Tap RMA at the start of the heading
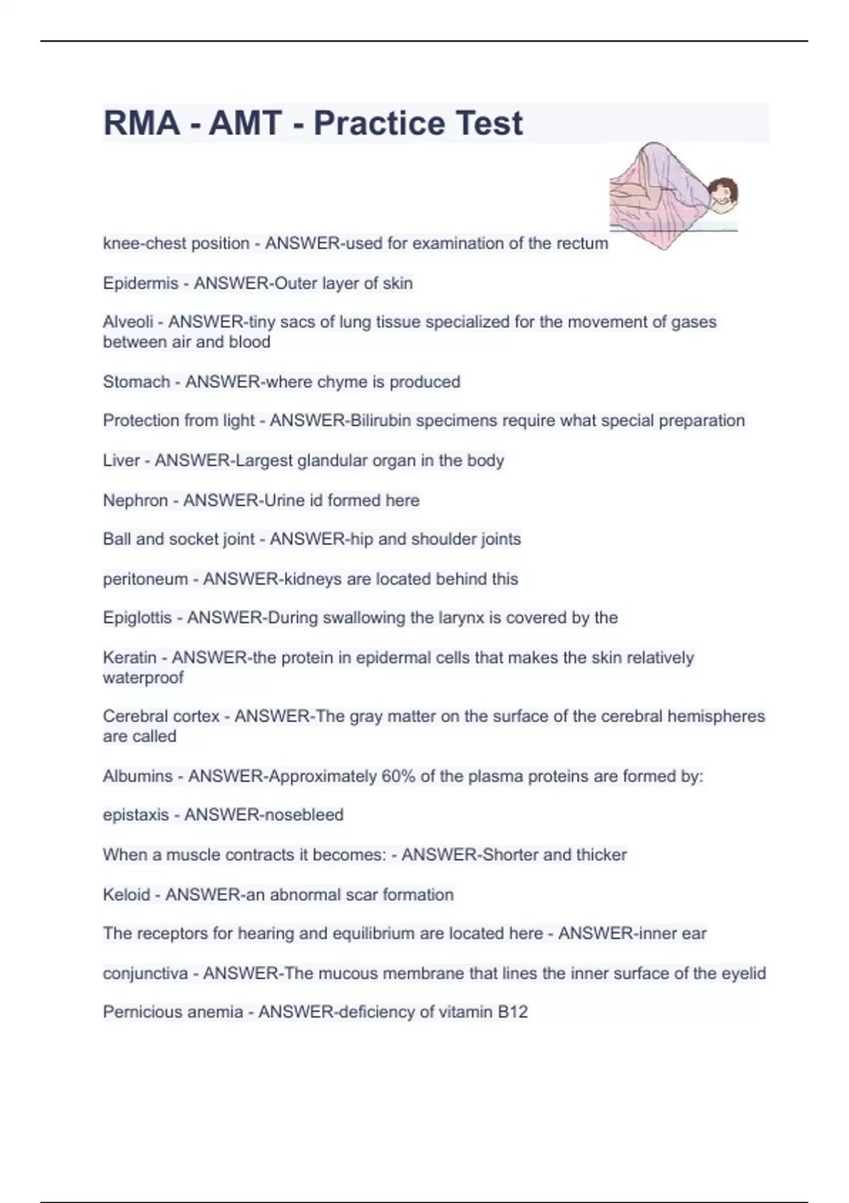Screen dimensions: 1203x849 [141, 123]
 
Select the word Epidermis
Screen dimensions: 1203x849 [140, 283]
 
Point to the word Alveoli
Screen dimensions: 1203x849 [127, 322]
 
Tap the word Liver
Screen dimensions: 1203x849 [121, 461]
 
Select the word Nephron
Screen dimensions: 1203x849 [136, 500]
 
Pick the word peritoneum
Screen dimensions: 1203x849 [145, 579]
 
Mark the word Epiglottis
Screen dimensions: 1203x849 [137, 618]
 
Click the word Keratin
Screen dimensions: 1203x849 [129, 657]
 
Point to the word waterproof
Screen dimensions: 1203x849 [143, 678]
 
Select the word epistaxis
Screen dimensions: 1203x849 [136, 815]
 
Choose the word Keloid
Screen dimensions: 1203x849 [126, 894]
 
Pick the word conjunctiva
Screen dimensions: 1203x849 [145, 974]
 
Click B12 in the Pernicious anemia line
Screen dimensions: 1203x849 [512, 1012]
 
